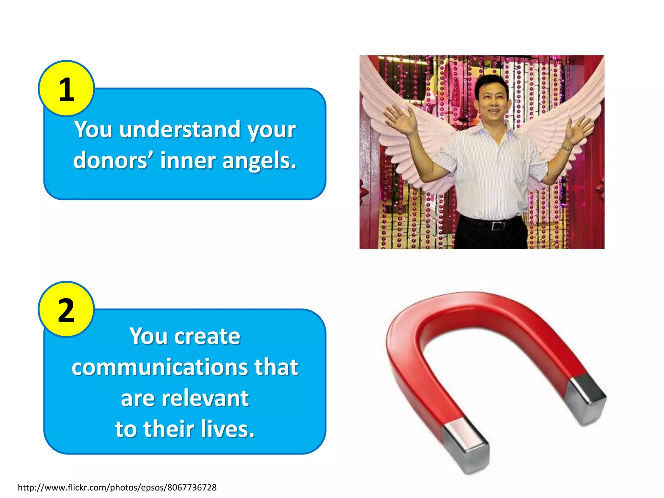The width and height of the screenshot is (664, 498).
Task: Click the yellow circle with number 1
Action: coord(66,89)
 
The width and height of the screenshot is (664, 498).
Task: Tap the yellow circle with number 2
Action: coord(66,310)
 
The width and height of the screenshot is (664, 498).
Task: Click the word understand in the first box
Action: coord(179,129)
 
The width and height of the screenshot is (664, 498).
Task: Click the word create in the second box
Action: coord(207,336)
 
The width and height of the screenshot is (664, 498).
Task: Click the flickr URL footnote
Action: coord(117,487)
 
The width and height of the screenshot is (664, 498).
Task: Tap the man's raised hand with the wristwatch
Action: coord(580,130)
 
